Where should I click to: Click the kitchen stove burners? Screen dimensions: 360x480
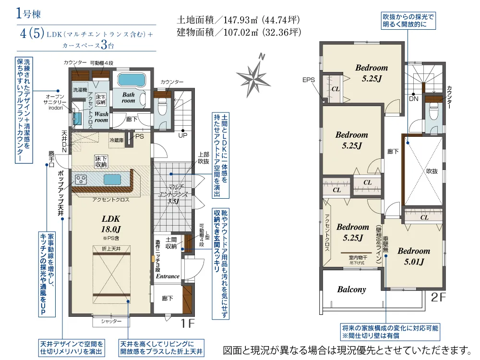click(x=81, y=180)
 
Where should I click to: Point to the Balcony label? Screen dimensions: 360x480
click(x=351, y=289)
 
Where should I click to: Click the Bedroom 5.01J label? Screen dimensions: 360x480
click(x=413, y=256)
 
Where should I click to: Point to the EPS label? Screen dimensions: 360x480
click(x=309, y=80)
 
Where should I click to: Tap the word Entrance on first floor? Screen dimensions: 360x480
click(x=168, y=276)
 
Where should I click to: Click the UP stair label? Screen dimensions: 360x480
click(x=183, y=136)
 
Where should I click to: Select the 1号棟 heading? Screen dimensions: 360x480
click(x=22, y=13)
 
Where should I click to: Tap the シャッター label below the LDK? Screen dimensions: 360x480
click(x=111, y=321)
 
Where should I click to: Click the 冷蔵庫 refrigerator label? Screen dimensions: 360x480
click(x=117, y=140)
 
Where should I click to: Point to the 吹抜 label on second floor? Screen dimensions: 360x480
click(x=432, y=171)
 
